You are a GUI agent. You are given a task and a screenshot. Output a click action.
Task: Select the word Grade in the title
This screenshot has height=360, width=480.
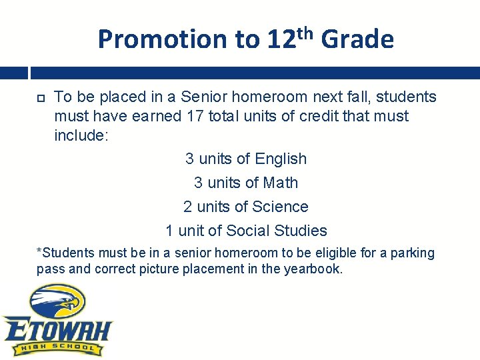pyautogui.click(x=357, y=40)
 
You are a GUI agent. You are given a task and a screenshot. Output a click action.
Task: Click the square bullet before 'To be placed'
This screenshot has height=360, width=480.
pyautogui.click(x=40, y=98)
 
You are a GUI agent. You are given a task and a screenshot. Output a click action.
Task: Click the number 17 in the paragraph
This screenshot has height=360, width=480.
pyautogui.click(x=195, y=116)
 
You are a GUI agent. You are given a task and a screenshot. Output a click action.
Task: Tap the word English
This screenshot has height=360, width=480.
pyautogui.click(x=280, y=159)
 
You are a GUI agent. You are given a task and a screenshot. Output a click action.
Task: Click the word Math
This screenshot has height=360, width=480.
pyautogui.click(x=280, y=183)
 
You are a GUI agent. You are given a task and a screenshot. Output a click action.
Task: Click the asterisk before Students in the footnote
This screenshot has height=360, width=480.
pyautogui.click(x=39, y=252)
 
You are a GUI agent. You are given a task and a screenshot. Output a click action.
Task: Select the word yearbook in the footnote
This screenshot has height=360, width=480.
pyautogui.click(x=312, y=269)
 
